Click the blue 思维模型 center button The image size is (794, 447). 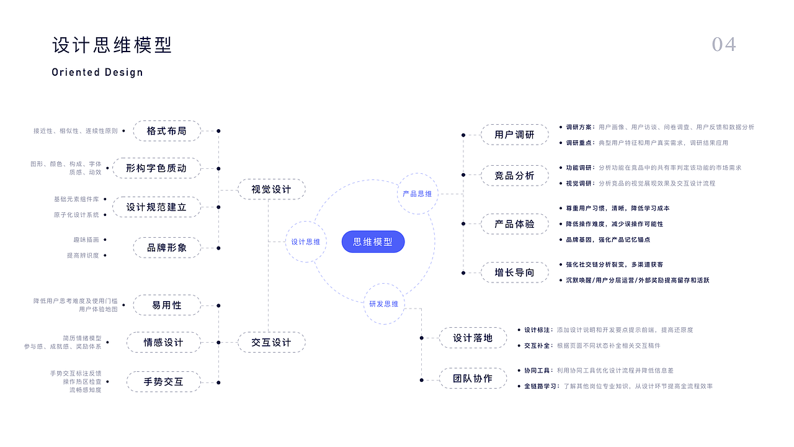373,242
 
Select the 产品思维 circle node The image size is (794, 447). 417,194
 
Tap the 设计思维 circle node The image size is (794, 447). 306,242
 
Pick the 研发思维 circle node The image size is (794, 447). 384,304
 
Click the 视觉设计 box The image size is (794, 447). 271,189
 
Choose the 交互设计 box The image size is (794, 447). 271,342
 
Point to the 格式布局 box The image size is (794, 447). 167,131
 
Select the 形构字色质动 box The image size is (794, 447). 156,168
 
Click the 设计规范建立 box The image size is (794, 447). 156,207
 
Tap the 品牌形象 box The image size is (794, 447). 167,248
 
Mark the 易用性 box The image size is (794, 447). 167,305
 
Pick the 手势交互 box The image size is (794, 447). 164,381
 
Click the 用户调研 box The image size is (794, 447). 514,135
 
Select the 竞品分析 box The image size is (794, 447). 514,176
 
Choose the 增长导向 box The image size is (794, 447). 514,273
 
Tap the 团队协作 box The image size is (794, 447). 473,378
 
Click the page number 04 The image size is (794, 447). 724,45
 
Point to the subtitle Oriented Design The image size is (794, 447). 97,72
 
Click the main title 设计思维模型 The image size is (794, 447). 112,45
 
